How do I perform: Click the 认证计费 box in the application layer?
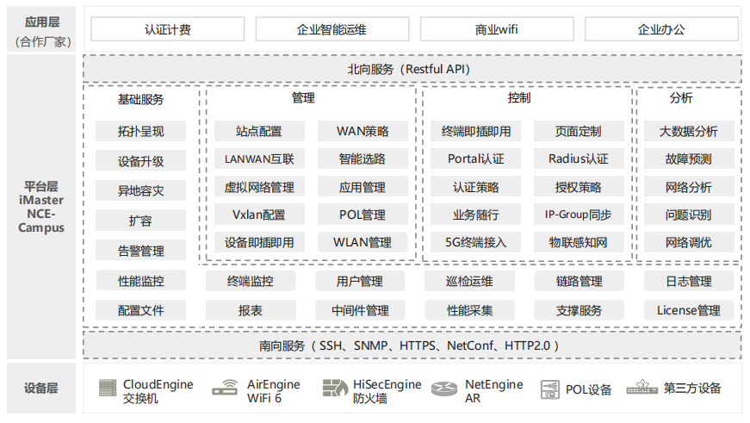click(x=167, y=29)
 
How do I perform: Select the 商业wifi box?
click(x=497, y=29)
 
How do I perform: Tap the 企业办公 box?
click(x=661, y=29)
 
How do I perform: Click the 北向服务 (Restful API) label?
click(x=409, y=70)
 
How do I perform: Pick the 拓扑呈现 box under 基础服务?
click(x=140, y=131)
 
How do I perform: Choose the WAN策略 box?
click(x=363, y=131)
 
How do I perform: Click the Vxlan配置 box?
click(x=259, y=215)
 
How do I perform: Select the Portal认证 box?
click(x=475, y=159)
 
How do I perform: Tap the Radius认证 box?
click(x=579, y=159)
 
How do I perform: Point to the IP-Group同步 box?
click(x=579, y=215)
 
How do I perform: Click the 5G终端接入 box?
click(x=475, y=242)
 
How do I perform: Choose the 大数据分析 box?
click(x=688, y=131)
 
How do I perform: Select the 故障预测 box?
click(x=688, y=159)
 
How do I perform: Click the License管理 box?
click(x=688, y=310)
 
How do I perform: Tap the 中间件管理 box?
click(x=360, y=310)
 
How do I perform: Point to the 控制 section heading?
click(x=519, y=98)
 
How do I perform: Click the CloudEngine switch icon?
click(x=108, y=388)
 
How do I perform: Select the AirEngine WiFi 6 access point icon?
click(x=225, y=388)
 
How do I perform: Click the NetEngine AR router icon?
click(x=443, y=389)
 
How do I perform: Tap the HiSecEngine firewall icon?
click(x=335, y=388)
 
